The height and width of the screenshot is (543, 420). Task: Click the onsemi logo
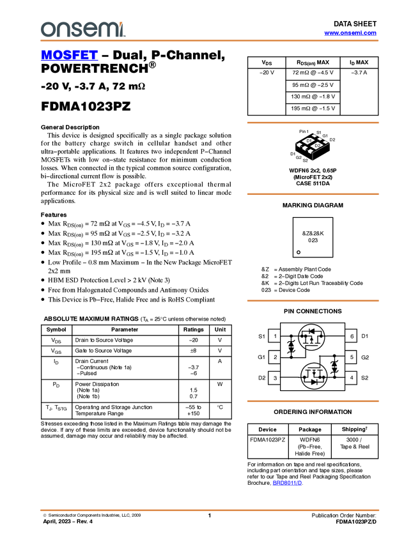tap(83, 29)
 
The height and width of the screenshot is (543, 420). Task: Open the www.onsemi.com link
tap(350, 33)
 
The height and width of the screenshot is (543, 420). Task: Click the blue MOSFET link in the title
tap(69, 55)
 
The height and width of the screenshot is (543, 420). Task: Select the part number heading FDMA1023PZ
tap(86, 106)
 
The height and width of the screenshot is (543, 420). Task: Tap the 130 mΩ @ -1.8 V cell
tap(313, 96)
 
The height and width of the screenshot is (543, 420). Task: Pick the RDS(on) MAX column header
tap(313, 63)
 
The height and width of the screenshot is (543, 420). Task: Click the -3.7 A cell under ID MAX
tap(359, 72)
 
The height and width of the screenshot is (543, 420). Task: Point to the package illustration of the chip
tap(312, 146)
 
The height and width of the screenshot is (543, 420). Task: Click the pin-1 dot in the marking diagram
tap(299, 252)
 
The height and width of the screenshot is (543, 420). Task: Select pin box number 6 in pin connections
tap(352, 336)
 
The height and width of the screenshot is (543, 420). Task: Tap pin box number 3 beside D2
tap(275, 378)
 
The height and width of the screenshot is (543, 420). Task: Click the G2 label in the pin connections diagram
tap(365, 357)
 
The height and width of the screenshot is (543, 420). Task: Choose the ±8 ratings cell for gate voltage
tap(193, 351)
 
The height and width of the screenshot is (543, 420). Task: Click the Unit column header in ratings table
tap(220, 330)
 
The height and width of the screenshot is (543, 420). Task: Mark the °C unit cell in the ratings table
tap(220, 407)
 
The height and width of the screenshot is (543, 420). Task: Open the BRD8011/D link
tap(287, 483)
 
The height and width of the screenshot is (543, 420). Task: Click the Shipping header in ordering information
tap(355, 429)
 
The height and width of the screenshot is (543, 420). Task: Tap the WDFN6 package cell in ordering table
tap(310, 447)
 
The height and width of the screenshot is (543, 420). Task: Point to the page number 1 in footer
tap(210, 516)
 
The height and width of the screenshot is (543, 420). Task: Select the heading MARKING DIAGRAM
tap(313, 205)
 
